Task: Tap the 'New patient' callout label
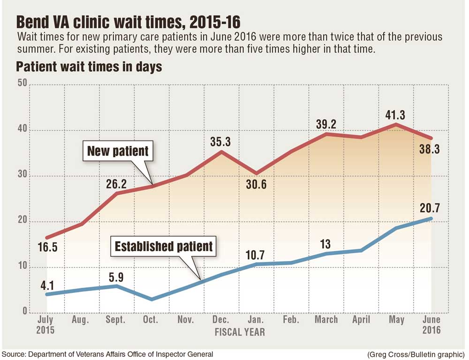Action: click(x=118, y=151)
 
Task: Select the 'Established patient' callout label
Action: click(x=164, y=246)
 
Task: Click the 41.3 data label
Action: click(x=397, y=115)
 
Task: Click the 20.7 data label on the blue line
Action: click(x=430, y=208)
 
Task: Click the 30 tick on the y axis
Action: click(x=22, y=176)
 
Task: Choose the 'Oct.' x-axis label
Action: click(x=151, y=320)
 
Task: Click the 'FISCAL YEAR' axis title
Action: click(x=240, y=332)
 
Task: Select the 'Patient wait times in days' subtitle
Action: click(x=89, y=67)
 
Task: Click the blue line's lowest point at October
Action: click(x=151, y=299)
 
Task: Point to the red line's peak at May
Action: click(x=396, y=124)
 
